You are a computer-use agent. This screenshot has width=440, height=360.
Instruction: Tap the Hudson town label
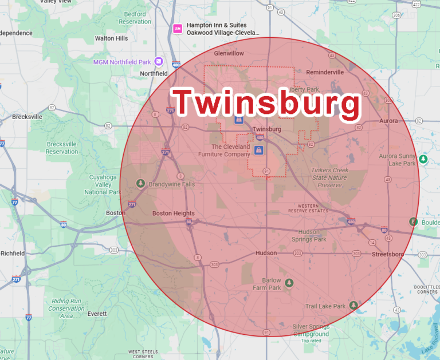[x=266, y=253]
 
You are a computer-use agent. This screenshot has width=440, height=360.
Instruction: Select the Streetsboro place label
[x=388, y=254]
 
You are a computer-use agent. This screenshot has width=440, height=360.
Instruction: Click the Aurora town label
[x=388, y=121]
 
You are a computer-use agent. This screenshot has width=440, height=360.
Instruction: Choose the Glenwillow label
[x=229, y=53]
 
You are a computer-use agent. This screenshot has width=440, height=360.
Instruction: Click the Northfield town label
[x=154, y=74]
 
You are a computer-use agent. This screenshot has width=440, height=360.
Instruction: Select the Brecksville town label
[x=27, y=117]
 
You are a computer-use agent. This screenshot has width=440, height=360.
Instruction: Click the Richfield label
[x=13, y=253]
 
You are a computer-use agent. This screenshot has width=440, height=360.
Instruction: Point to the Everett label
[x=97, y=314]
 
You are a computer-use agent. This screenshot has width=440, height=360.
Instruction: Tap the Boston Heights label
[x=173, y=213]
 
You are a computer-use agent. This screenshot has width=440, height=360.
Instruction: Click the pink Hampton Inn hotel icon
[x=178, y=28]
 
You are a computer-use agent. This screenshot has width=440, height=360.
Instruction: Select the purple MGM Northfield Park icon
[x=159, y=61]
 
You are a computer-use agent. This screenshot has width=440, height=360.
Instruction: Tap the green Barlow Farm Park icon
[x=289, y=283]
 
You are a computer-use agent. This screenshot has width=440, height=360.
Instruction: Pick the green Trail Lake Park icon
[x=354, y=305]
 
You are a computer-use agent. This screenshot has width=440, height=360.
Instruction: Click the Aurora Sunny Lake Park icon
[x=423, y=159]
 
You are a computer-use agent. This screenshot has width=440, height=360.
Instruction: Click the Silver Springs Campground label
[x=311, y=330]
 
